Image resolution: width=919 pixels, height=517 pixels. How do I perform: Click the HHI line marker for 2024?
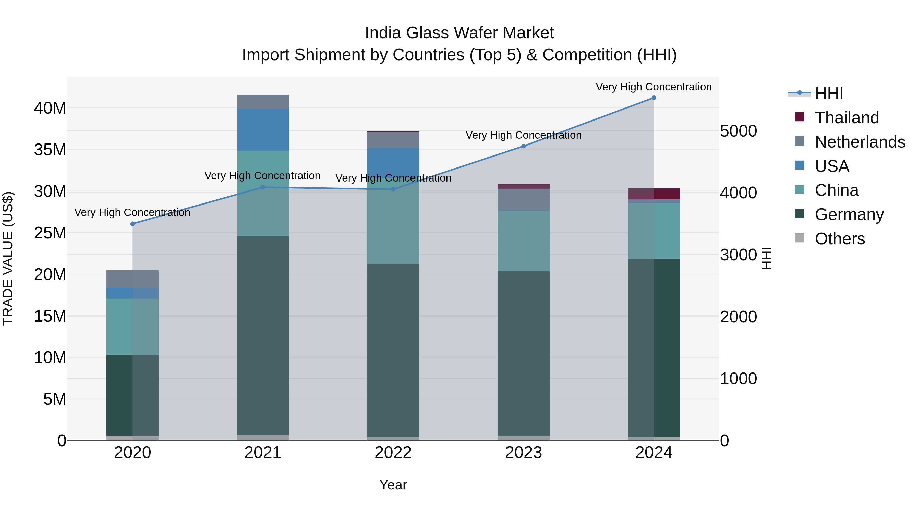coord(654,98)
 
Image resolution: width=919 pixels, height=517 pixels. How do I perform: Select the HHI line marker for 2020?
coord(132,224)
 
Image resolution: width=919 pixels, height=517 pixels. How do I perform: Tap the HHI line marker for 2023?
coord(523,146)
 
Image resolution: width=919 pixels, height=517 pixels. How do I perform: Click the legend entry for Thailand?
coord(847,118)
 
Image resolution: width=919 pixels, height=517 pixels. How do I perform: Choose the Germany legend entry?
coord(849,214)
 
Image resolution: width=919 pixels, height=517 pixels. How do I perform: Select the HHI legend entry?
coord(829,93)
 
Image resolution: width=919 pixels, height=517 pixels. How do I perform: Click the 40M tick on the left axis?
coord(50,108)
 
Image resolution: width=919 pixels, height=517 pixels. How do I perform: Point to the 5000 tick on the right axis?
coord(738,131)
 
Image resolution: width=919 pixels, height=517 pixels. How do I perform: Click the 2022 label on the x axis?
coord(393,453)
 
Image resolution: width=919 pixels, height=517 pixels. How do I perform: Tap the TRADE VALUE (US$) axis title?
coord(8,258)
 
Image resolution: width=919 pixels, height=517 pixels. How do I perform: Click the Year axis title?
coord(393,485)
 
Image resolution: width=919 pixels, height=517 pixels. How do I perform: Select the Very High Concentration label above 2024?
coord(654,87)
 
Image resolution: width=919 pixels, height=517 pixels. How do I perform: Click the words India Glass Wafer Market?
coord(459,33)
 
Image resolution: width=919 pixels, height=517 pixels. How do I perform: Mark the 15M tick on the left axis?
coord(50,316)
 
